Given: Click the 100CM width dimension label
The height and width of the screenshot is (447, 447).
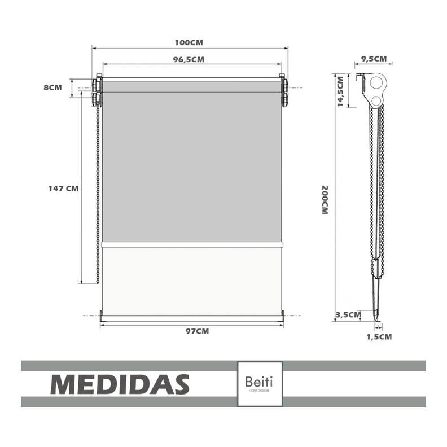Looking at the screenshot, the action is click(189, 43).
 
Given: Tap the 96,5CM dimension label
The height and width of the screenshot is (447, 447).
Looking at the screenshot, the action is click(189, 60).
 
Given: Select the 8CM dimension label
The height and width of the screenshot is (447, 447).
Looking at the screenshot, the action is click(52, 87).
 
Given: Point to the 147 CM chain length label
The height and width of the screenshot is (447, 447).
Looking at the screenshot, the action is click(63, 189).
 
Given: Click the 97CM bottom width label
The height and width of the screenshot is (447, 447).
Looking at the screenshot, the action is click(198, 331).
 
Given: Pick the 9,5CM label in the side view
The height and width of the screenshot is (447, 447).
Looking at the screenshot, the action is click(374, 59).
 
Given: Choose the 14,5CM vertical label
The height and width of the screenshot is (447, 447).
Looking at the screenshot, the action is click(341, 91).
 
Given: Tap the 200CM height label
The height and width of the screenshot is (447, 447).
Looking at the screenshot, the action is click(325, 200).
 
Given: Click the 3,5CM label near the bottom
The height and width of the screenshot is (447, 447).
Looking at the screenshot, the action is click(348, 315).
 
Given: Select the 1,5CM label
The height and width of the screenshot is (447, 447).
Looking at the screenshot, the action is click(379, 337).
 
